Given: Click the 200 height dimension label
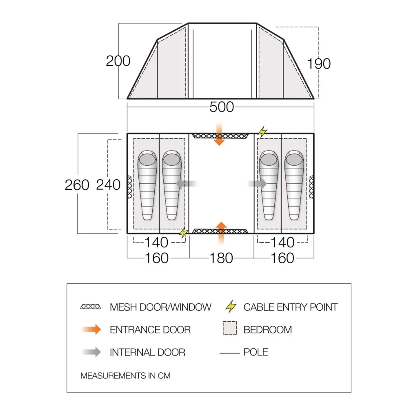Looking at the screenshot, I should click(x=118, y=61).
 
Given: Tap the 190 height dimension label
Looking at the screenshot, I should click(x=318, y=64).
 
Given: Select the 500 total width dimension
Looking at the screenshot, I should click(x=222, y=107).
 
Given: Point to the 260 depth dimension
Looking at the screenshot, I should click(x=77, y=185).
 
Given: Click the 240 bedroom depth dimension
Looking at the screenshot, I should click(x=108, y=185).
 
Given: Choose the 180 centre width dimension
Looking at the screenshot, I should click(x=221, y=258).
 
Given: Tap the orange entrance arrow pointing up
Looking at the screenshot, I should click(x=221, y=233).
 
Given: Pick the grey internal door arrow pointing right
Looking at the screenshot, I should click(x=257, y=184).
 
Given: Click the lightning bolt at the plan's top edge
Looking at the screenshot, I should click(x=262, y=131).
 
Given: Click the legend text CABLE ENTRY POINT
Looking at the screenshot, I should click(x=290, y=307).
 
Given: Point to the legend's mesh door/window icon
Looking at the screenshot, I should click(x=91, y=307).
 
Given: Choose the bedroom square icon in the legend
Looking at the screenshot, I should click(x=230, y=329).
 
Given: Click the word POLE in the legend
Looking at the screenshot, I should click(x=256, y=352).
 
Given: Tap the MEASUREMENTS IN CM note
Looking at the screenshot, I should click(x=125, y=376).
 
